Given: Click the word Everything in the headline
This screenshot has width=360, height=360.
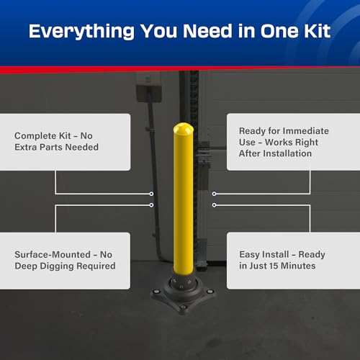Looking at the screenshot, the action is [81, 32].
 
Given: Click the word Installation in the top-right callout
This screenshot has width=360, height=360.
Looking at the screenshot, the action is [287, 153].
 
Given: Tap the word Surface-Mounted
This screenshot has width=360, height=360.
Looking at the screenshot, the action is [53, 254].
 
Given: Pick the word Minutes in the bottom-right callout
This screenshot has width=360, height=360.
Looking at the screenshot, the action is [298, 266].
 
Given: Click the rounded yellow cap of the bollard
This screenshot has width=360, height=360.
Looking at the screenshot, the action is [184, 128].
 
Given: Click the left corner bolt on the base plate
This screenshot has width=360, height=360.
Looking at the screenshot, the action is [156, 292].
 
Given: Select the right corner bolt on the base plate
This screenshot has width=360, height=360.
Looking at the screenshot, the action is [210, 292].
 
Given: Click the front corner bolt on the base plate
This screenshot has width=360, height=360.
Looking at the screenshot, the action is [184, 307].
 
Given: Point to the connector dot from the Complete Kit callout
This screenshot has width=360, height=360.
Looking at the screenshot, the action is [151, 194].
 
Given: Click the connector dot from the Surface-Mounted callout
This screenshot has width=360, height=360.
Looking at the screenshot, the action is [151, 205].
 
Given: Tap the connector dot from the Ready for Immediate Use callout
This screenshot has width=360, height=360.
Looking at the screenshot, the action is [215, 194].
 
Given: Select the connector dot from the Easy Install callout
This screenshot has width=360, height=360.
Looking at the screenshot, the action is [215, 205].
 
